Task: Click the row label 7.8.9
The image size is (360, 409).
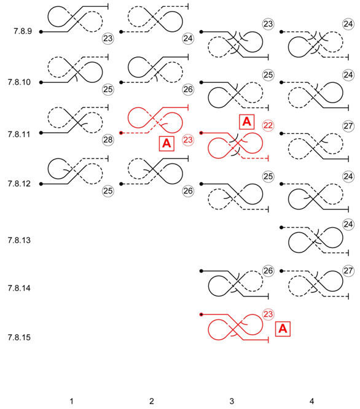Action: tap(23, 31)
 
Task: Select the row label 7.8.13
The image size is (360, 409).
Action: tap(19, 240)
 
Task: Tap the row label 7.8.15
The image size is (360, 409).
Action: tap(19, 338)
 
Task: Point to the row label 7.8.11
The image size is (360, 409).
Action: tap(19, 134)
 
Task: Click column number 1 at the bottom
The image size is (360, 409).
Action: tap(71, 401)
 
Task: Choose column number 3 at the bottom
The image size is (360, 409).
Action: tap(232, 401)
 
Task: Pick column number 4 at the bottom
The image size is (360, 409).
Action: tap(311, 401)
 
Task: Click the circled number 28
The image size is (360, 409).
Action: tap(108, 140)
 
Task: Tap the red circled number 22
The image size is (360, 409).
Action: tap(268, 125)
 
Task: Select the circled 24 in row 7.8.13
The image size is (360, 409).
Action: tap(348, 224)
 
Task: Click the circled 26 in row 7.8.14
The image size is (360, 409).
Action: tap(268, 271)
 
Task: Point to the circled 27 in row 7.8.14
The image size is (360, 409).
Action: tap(348, 271)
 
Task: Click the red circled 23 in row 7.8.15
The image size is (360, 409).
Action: tap(268, 314)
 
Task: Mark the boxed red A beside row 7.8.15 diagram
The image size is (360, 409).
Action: tap(283, 329)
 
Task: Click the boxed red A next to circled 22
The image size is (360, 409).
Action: tap(246, 122)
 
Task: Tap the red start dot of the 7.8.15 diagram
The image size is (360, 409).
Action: tap(201, 314)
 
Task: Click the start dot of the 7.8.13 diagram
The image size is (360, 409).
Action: tap(281, 227)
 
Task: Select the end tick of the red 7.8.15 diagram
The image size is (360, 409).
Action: tap(268, 340)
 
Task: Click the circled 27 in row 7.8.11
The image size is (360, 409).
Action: tap(348, 126)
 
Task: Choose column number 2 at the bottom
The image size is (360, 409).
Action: tap(152, 401)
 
